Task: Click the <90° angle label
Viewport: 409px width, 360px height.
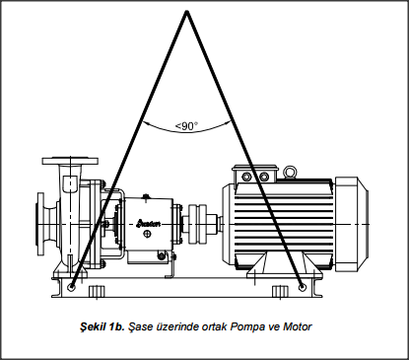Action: point(186,126)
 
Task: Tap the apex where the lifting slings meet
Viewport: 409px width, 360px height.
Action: point(187,12)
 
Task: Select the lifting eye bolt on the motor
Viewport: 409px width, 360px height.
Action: point(290,173)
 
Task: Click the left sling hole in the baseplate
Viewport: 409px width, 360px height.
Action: point(71,288)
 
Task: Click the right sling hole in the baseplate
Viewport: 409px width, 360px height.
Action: point(303,288)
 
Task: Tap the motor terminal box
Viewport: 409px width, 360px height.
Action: point(255,175)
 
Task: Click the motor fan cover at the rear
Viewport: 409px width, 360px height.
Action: point(352,224)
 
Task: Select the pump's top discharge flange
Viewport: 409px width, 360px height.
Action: point(70,161)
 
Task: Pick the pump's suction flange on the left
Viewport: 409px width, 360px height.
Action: point(40,224)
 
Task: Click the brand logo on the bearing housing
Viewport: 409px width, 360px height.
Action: point(150,224)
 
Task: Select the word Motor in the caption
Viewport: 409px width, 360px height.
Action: point(297,326)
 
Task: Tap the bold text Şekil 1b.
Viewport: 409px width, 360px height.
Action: point(102,326)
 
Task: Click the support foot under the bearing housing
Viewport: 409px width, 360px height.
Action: point(170,265)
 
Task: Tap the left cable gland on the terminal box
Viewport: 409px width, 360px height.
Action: point(246,177)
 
